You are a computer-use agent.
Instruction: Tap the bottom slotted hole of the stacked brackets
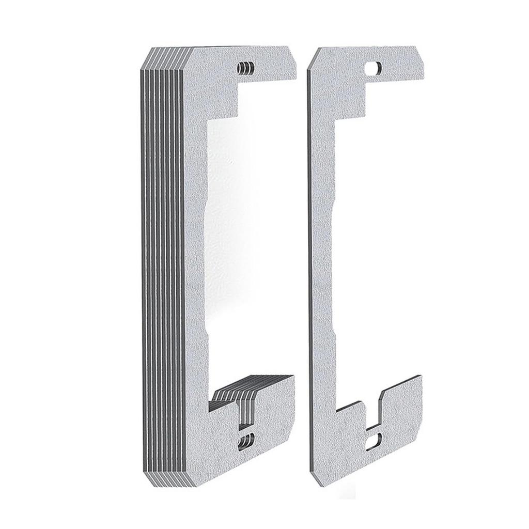tap(244, 441)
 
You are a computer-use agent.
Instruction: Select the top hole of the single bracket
tap(373, 68)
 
